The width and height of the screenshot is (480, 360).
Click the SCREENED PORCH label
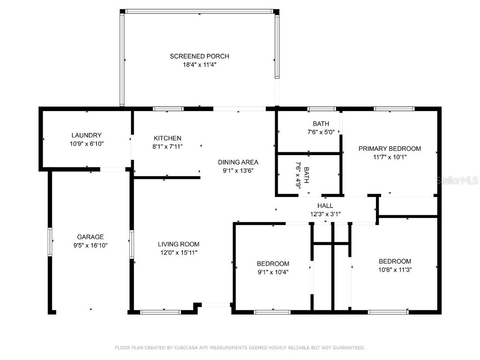[199, 56]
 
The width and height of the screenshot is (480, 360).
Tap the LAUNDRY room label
[86, 135]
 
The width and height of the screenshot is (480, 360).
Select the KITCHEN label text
[167, 138]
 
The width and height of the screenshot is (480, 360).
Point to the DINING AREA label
[238, 162]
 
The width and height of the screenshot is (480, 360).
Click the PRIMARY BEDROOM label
[390, 149]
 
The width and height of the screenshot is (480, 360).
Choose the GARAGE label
[90, 237]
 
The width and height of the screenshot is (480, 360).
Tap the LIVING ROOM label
[178, 244]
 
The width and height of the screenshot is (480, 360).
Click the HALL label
[325, 206]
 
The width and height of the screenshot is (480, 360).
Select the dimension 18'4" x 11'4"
[199, 65]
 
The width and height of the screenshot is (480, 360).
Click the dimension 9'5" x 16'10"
[90, 245]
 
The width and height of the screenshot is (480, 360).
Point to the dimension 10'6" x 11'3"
[395, 270]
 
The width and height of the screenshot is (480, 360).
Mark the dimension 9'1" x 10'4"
[273, 272]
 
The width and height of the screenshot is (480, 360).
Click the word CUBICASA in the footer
[180, 348]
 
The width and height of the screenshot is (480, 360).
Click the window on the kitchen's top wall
[168, 109]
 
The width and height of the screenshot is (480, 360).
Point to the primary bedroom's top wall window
[394, 109]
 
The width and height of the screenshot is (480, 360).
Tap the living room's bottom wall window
[160, 312]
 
